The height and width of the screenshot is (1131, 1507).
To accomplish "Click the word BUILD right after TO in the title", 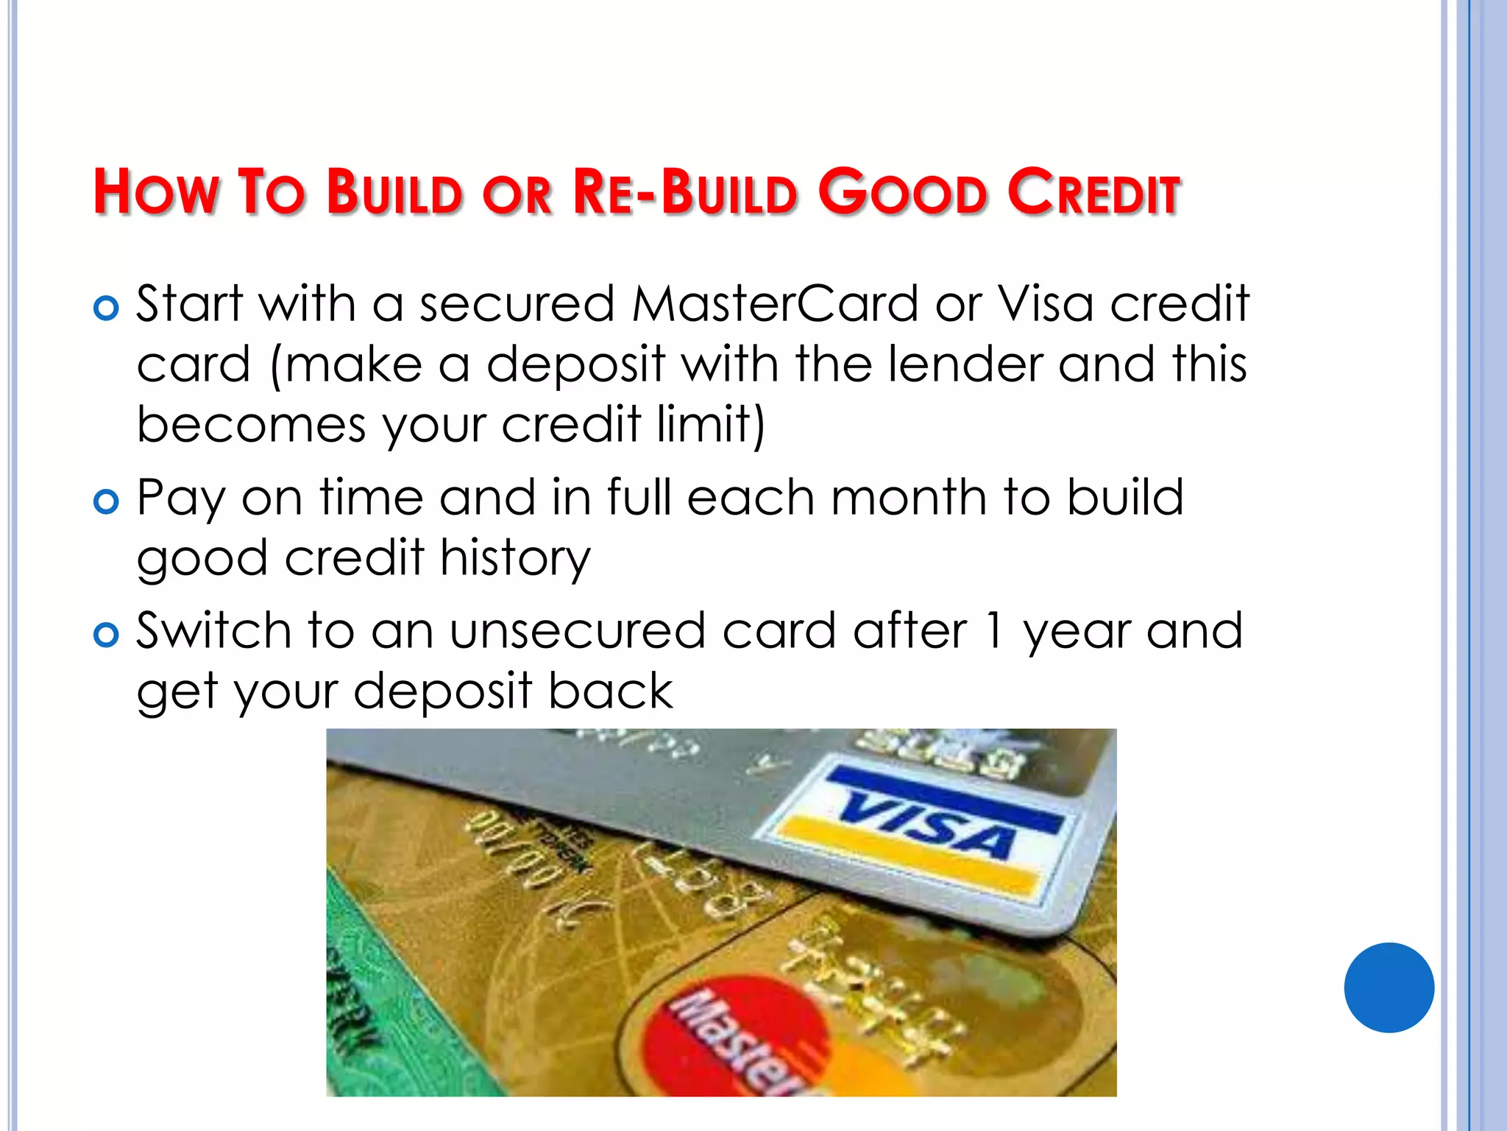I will (x=395, y=193).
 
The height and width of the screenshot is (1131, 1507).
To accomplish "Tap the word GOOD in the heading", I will (x=903, y=193).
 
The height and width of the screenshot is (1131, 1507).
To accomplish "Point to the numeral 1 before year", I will (x=993, y=631).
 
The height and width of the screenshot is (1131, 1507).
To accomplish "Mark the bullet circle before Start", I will (x=107, y=308).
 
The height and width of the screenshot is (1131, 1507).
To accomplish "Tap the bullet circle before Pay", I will (x=107, y=501).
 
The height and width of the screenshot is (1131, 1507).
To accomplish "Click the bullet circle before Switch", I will (x=107, y=635).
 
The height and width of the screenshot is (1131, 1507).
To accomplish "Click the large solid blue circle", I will (x=1389, y=987).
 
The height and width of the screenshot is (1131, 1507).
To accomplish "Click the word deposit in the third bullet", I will (x=442, y=691).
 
